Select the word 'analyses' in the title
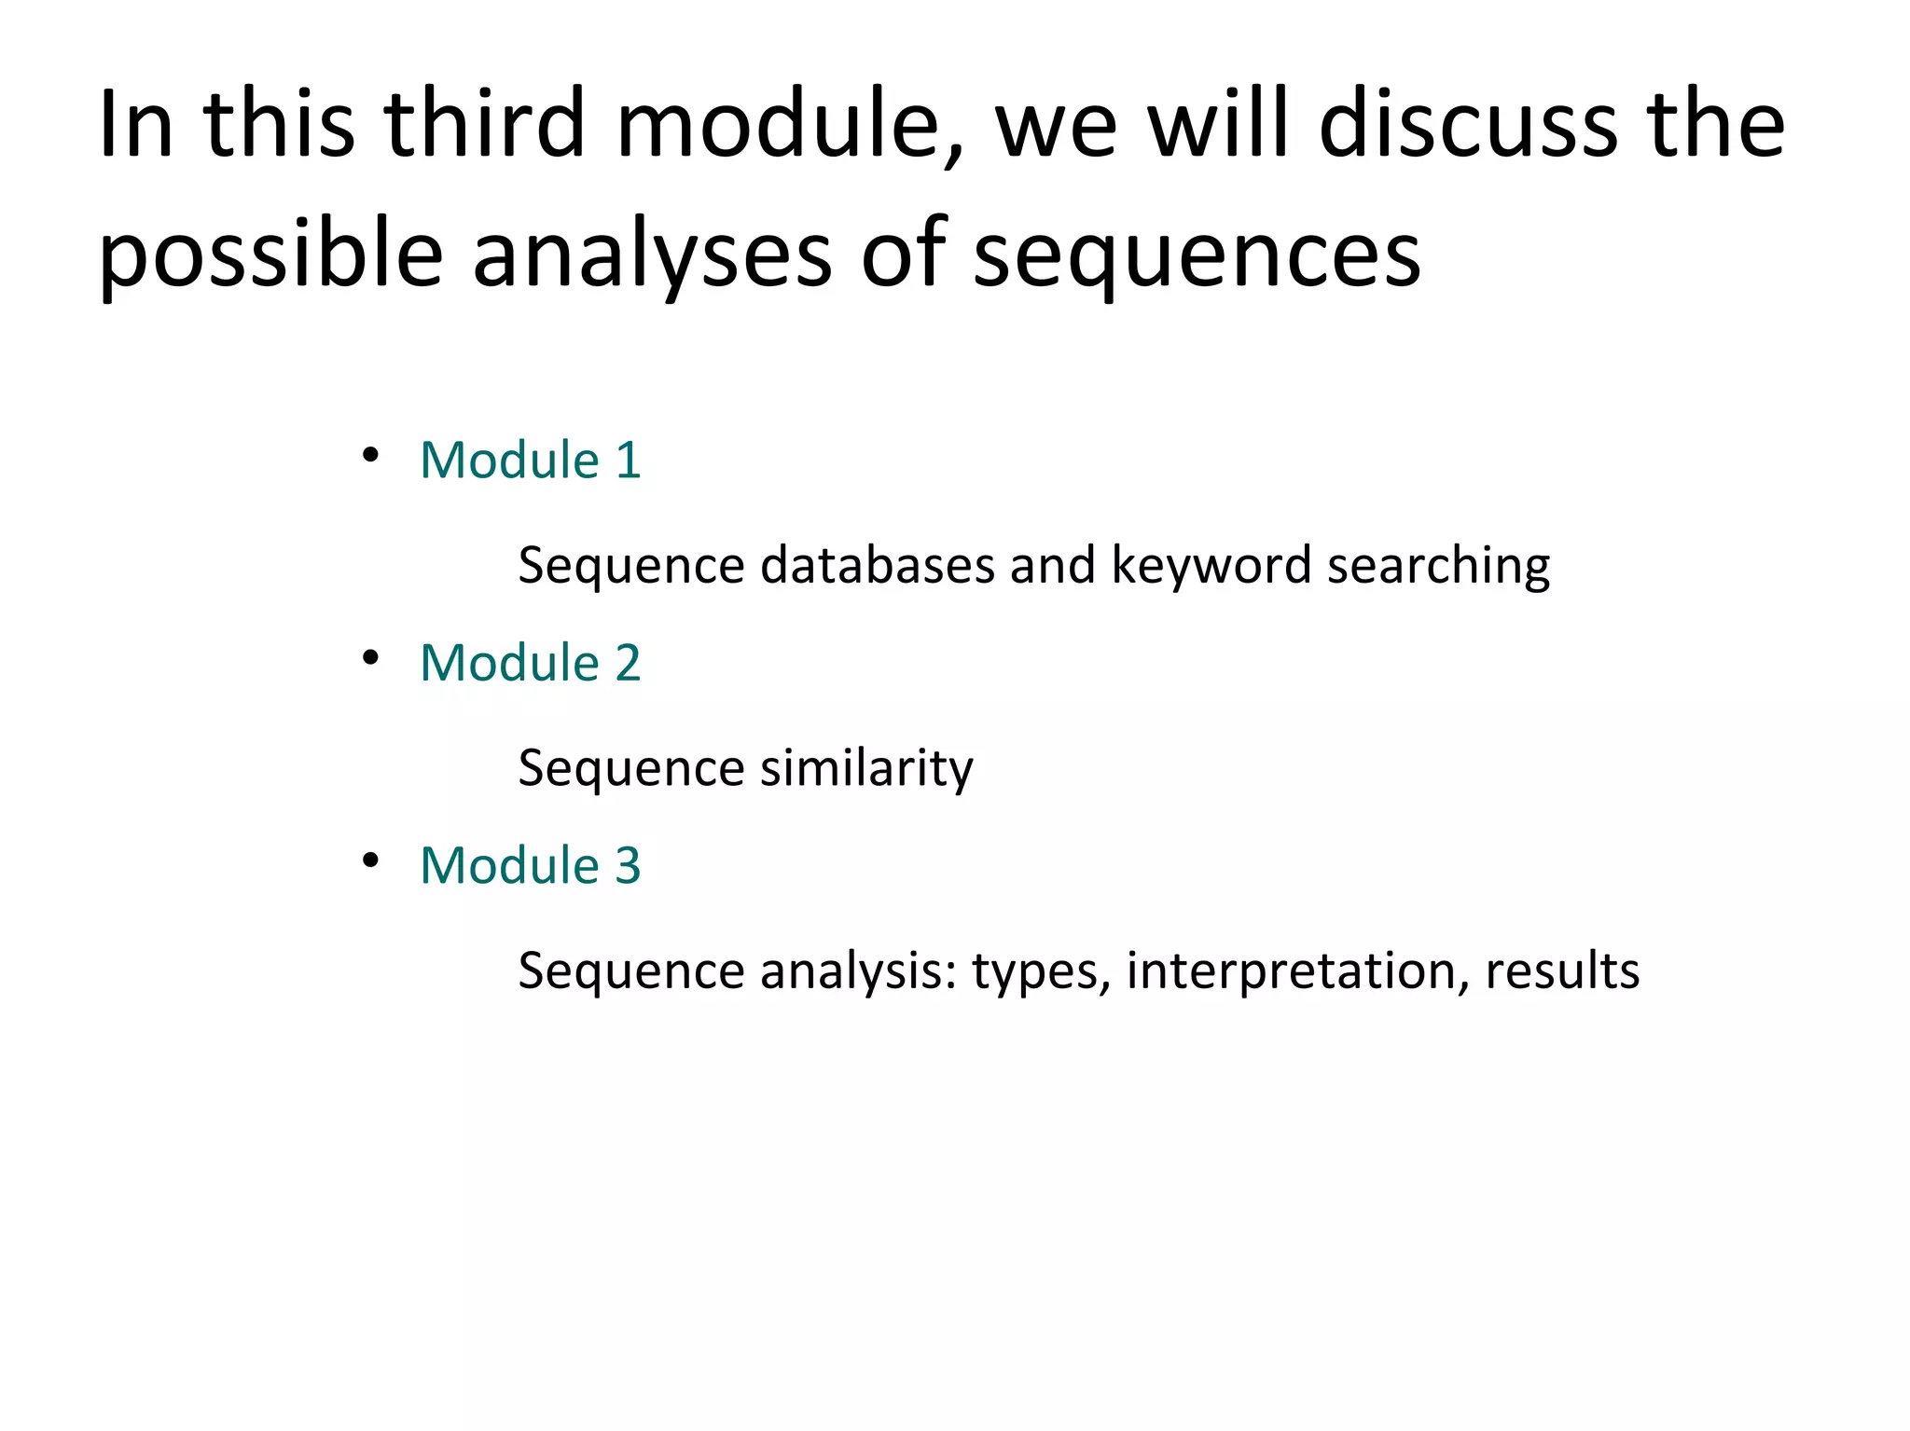pyautogui.click(x=651, y=254)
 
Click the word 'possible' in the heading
pyautogui.click(x=270, y=254)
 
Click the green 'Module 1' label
pyautogui.click(x=530, y=460)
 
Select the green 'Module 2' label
pyautogui.click(x=530, y=663)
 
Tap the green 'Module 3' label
pyautogui.click(x=530, y=865)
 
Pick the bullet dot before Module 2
pyautogui.click(x=370, y=658)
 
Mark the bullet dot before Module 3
pyautogui.click(x=370, y=860)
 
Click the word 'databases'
pyautogui.click(x=878, y=565)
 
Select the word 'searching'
pyautogui.click(x=1438, y=565)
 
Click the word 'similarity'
pyautogui.click(x=866, y=768)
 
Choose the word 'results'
pyautogui.click(x=1562, y=970)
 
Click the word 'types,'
pyautogui.click(x=1041, y=970)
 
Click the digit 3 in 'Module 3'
pyautogui.click(x=628, y=865)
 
